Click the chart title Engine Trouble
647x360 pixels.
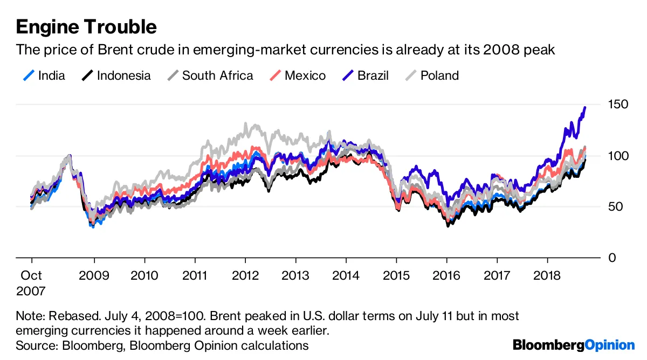pos(86,26)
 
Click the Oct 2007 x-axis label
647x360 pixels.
pos(31,283)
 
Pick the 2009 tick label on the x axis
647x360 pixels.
pos(94,275)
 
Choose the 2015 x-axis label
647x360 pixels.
pos(396,275)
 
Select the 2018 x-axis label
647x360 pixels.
pos(547,275)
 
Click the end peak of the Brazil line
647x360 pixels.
pos(585,108)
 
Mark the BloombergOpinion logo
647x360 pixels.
pos(574,345)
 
